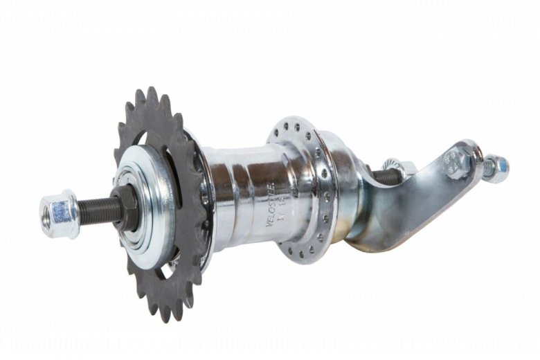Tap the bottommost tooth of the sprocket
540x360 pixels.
coord(165,315)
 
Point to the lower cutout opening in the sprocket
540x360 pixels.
coord(164,273)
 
